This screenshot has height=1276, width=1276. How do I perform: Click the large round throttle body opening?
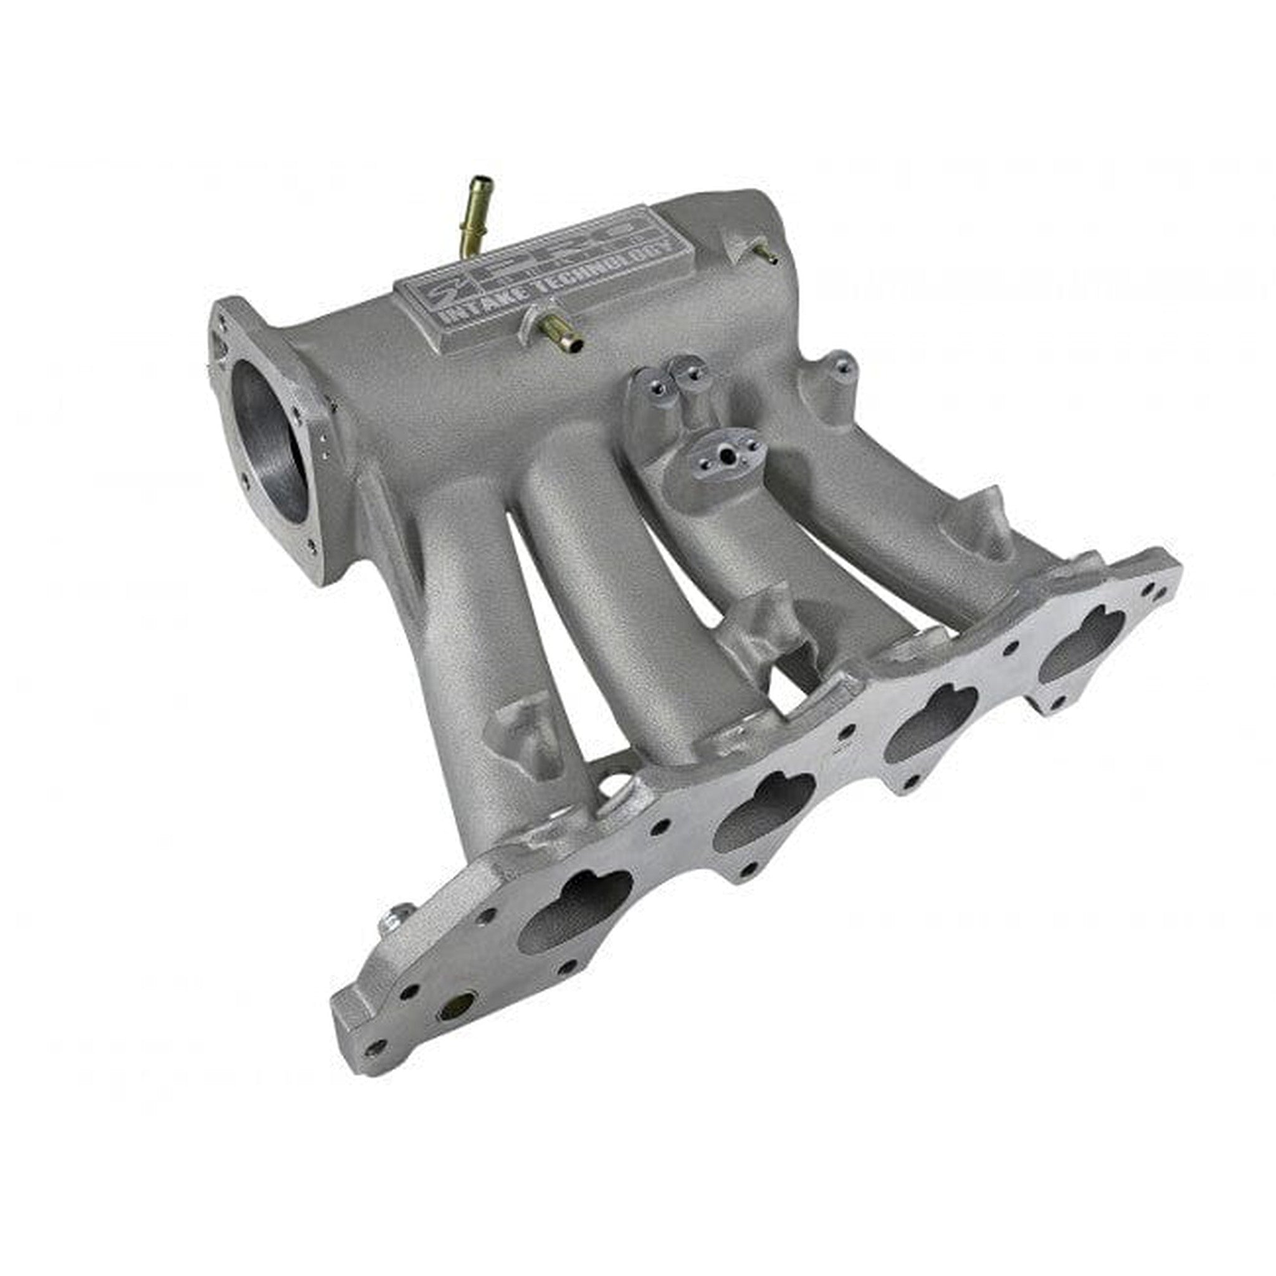pos(270,442)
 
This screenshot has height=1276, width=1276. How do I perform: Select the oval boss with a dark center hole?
pos(726,456)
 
